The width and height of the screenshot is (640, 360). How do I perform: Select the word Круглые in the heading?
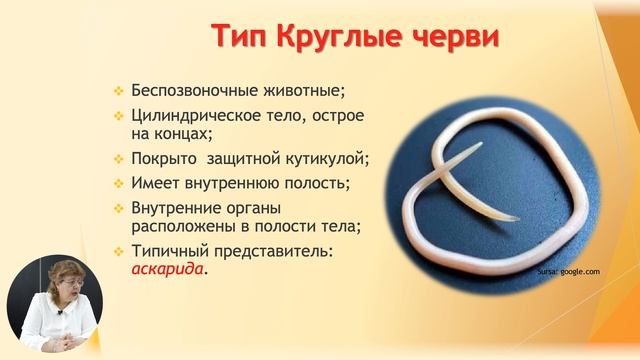coord(337,37)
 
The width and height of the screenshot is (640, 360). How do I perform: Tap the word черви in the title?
coord(450,37)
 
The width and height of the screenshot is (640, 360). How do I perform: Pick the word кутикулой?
coord(323,159)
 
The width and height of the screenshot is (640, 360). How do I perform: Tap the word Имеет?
coord(156,184)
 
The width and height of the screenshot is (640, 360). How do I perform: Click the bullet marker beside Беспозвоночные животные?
coord(118,91)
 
